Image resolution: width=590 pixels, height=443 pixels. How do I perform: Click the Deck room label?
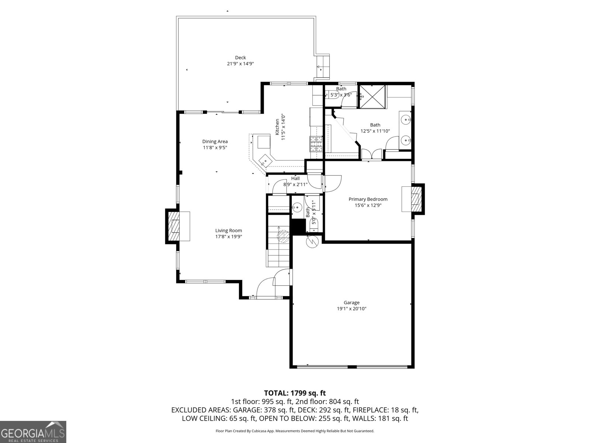pyautogui.click(x=240, y=58)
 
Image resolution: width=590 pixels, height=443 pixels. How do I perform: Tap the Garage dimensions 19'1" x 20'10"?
pyautogui.click(x=351, y=309)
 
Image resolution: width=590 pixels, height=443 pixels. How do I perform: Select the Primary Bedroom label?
pyautogui.click(x=368, y=199)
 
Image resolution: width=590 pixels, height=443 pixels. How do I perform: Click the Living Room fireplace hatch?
pyautogui.click(x=174, y=226)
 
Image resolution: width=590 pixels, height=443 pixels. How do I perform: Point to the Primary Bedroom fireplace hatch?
pyautogui.click(x=416, y=199)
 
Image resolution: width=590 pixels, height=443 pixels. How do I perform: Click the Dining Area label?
pyautogui.click(x=215, y=141)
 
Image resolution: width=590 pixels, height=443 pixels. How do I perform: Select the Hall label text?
pyautogui.click(x=295, y=179)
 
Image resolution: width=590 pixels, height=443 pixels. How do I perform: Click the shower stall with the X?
pyautogui.click(x=372, y=97)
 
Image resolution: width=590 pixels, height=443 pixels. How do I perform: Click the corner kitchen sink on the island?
pyautogui.click(x=265, y=161)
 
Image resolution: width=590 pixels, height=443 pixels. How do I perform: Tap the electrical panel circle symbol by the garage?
pyautogui.click(x=312, y=242)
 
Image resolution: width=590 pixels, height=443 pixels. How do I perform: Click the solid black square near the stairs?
pyautogui.click(x=298, y=226)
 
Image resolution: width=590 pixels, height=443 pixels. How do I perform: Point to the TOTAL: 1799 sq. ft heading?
pyautogui.click(x=295, y=393)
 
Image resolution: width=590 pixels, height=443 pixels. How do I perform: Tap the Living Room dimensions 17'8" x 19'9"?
pyautogui.click(x=229, y=237)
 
